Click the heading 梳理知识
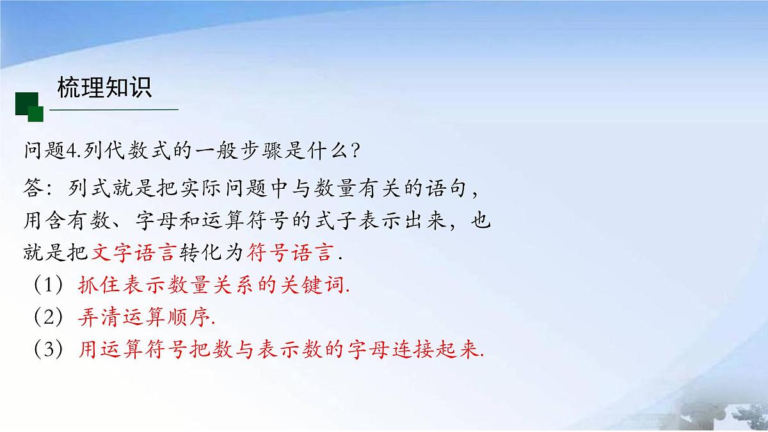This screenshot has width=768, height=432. click(104, 88)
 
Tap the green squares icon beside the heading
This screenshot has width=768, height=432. click(29, 106)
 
